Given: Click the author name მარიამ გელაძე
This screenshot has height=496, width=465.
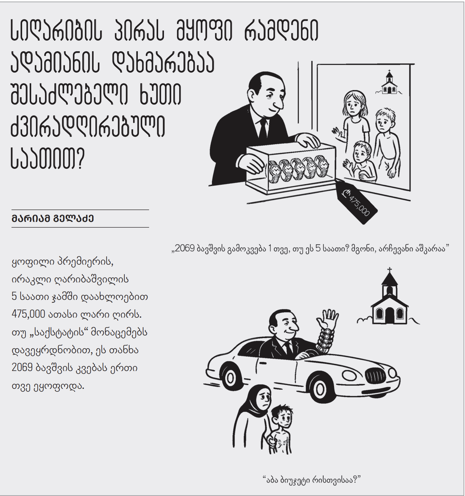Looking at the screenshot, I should pyautogui.click(x=53, y=219).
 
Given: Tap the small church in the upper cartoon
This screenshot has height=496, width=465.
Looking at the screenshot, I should pyautogui.click(x=389, y=84).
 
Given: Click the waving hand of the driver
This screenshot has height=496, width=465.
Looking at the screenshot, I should pyautogui.click(x=328, y=320).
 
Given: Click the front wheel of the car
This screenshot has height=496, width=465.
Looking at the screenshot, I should pyautogui.click(x=320, y=389).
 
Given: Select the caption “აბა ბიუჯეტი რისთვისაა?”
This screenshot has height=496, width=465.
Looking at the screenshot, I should pyautogui.click(x=312, y=480).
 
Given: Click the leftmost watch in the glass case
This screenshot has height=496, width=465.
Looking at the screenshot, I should pyautogui.click(x=274, y=171).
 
